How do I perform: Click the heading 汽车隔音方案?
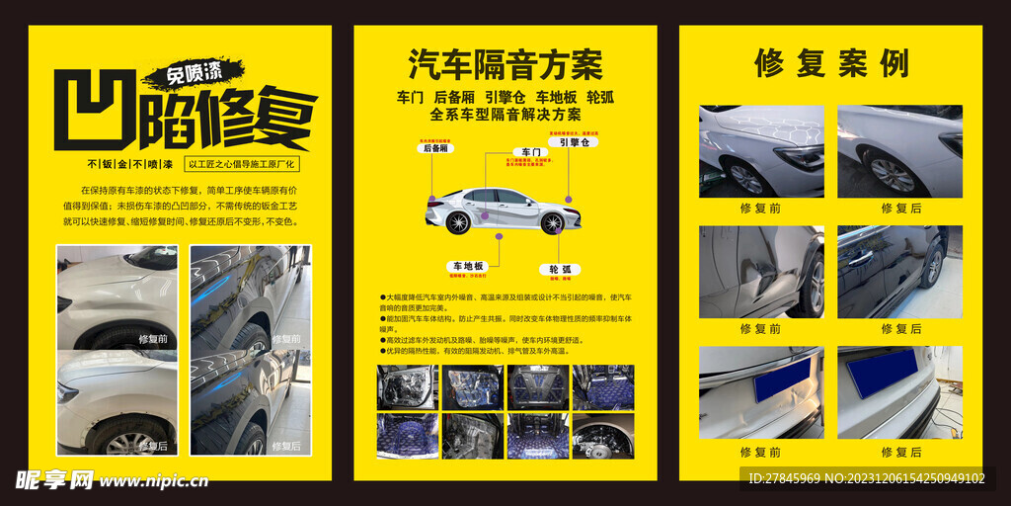coord(505,65)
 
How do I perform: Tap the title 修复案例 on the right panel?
coord(831,63)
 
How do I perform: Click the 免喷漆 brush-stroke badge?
coord(193,73)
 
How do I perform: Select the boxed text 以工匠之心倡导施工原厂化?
coord(242,165)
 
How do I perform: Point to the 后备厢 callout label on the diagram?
coord(435,148)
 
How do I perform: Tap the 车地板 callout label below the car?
coord(468,267)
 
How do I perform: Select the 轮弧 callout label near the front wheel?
coord(560,269)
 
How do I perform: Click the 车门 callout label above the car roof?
coord(531,152)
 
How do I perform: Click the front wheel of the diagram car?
coord(552,223)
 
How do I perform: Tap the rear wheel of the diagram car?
coord(458,223)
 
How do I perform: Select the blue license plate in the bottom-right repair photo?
coord(882,373)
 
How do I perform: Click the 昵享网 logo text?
coord(54,480)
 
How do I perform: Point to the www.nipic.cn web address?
coord(154,482)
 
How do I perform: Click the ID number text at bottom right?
coord(866,478)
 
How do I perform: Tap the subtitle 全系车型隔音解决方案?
coord(505,115)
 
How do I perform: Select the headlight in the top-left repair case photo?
coord(799,157)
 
